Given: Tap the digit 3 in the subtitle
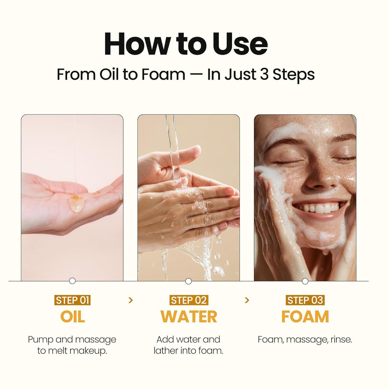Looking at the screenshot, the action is click(x=265, y=75).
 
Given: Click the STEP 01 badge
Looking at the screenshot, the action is click(x=72, y=300).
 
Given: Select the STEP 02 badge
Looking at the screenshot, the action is click(x=189, y=300).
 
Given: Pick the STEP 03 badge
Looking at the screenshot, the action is click(x=305, y=300).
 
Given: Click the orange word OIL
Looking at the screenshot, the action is click(x=73, y=316).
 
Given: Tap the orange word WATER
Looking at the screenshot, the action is click(x=189, y=316).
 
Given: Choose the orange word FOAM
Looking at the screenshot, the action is click(x=305, y=316).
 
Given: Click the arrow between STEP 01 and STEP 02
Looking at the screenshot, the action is click(x=131, y=301).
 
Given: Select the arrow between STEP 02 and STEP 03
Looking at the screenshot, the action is click(x=247, y=301).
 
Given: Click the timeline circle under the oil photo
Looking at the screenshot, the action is click(x=72, y=281).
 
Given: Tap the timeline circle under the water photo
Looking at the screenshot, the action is click(x=188, y=281).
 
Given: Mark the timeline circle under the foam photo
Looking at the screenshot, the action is click(x=305, y=281).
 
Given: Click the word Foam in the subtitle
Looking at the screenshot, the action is click(x=163, y=75).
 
